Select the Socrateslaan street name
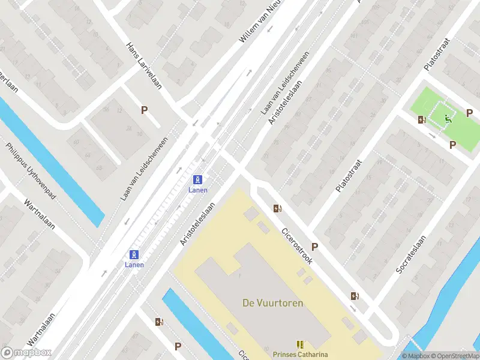411,255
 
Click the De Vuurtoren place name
272,303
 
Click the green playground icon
448,121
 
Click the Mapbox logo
26,353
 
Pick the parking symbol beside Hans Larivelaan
144,110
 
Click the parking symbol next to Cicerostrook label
314,247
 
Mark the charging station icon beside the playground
422,119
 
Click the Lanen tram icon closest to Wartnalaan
134,254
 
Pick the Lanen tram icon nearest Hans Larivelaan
198,179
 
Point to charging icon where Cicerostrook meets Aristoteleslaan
277,209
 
